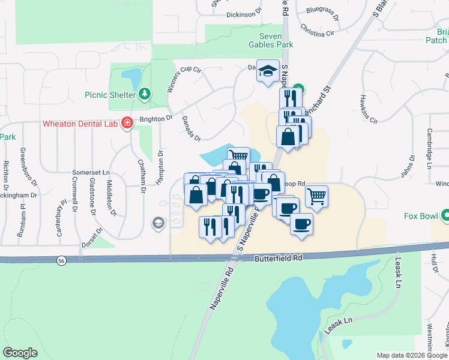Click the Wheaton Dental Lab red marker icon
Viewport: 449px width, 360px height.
127,124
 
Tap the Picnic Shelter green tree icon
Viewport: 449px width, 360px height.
145,94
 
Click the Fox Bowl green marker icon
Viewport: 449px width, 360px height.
446,215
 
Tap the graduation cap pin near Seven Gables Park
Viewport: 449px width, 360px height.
267,70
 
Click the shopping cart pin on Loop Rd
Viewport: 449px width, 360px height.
316,195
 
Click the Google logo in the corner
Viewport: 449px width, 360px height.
20,353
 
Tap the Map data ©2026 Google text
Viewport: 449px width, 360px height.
412,355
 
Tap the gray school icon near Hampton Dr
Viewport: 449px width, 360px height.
158,223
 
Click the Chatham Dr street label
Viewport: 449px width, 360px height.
142,176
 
